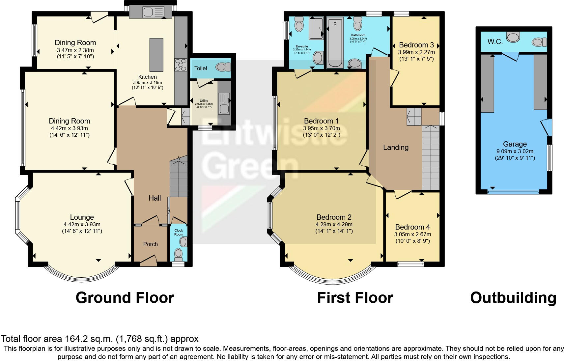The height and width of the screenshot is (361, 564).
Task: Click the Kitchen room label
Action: point(147,77)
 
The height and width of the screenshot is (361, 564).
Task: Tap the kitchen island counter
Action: point(156,54)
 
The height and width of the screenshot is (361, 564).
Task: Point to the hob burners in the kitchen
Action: point(180,65)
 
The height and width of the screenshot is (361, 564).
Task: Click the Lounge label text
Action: point(82,217)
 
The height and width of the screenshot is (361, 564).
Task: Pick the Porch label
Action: point(151,244)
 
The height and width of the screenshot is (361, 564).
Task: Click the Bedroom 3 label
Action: point(416,45)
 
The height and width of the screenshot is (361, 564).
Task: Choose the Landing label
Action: point(396,147)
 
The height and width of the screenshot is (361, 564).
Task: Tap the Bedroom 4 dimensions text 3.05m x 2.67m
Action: point(412,234)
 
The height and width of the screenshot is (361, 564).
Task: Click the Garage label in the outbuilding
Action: point(515,144)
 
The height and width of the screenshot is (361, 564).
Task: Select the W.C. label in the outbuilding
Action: point(495,42)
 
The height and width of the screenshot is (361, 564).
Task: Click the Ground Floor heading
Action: point(125,298)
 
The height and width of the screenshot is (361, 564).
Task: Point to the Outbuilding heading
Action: point(513,298)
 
